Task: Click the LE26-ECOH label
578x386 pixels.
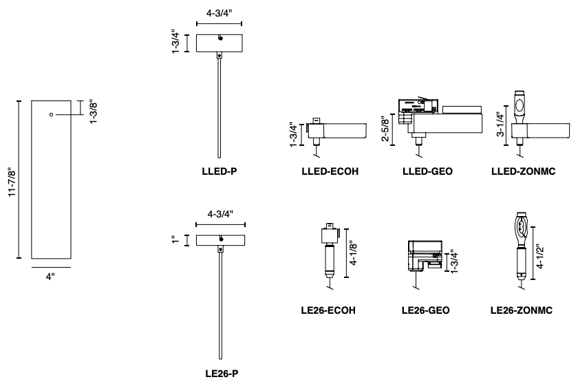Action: tap(334, 310)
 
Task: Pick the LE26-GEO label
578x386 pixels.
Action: tap(426, 310)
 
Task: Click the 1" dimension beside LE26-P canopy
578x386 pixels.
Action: tap(176, 239)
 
